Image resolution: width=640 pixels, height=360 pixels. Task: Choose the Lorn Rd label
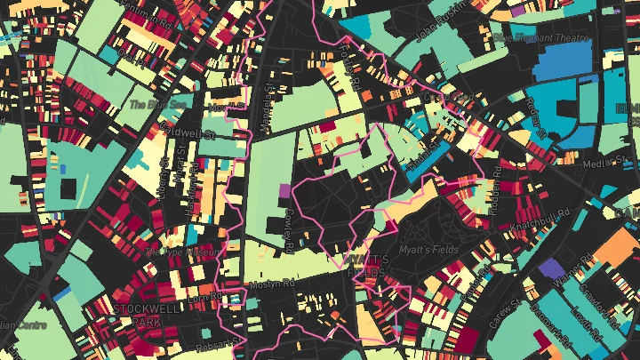click(x=204, y=299)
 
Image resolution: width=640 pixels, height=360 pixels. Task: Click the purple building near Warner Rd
click(x=551, y=268)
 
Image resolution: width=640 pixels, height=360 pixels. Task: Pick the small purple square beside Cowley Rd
click(x=284, y=189)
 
